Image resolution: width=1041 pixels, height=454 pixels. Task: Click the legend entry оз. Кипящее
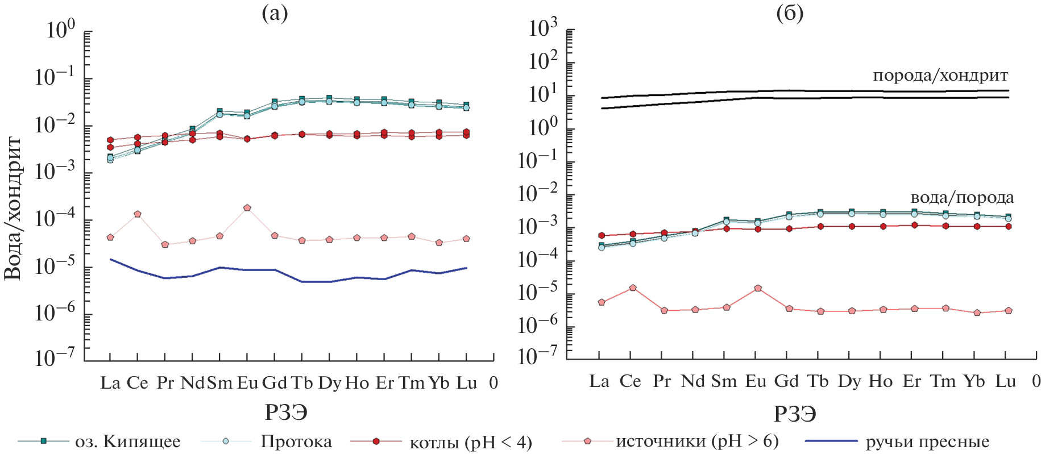tap(127, 441)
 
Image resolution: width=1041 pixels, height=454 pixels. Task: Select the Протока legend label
tap(296, 441)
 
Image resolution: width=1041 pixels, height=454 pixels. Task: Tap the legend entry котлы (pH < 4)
tap(470, 442)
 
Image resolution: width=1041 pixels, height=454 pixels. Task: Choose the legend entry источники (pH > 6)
tap(697, 441)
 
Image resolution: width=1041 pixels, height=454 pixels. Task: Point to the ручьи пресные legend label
tap(927, 441)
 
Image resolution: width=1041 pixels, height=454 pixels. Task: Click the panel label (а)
tap(275, 13)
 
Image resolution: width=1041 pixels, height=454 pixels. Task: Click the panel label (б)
tap(790, 13)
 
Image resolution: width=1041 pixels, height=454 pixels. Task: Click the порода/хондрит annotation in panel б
tap(940, 76)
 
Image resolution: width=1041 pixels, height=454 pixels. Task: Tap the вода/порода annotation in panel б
tap(962, 198)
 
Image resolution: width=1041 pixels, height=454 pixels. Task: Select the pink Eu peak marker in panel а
tap(247, 208)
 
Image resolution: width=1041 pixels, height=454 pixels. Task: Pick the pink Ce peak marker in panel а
tap(138, 214)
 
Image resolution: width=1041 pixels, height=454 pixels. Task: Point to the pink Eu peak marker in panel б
tap(758, 288)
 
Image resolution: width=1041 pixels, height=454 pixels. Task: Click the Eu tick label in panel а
tap(247, 383)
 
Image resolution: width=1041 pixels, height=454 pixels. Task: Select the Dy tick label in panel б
tap(849, 381)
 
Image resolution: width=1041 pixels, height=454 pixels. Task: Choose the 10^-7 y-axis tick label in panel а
tap(55, 357)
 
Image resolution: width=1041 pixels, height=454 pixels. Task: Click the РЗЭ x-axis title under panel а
tap(286, 413)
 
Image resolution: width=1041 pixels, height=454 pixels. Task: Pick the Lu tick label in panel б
tap(1005, 381)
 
